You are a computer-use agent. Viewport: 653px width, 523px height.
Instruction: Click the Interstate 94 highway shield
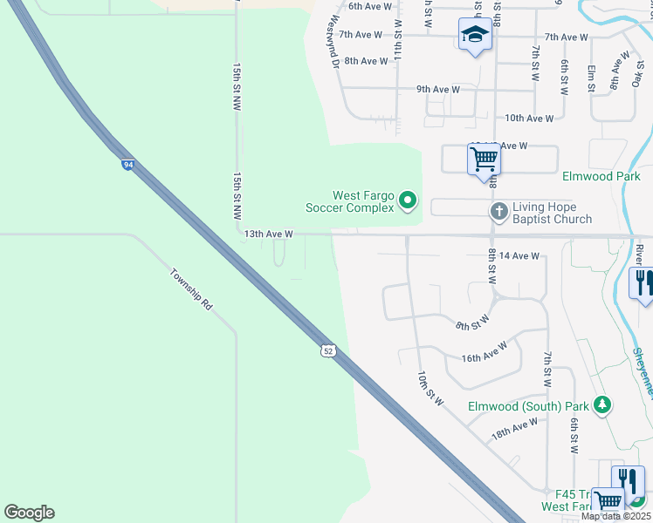point(128,164)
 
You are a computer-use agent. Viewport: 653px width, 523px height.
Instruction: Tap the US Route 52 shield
point(327,350)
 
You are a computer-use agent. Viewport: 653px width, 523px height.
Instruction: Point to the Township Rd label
point(190,289)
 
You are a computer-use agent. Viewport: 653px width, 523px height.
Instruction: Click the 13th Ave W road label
point(268,234)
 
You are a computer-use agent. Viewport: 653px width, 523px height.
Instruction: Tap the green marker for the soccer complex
point(407,201)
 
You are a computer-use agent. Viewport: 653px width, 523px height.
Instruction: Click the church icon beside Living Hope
point(499,211)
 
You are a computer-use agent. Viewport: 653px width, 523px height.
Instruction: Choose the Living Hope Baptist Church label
point(552,213)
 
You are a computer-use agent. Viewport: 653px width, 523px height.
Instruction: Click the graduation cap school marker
point(474,35)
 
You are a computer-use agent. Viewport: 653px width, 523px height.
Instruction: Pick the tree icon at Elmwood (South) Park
point(601,405)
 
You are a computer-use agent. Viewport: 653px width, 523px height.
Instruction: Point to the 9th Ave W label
point(438,89)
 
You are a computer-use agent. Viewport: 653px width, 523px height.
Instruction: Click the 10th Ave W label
point(529,118)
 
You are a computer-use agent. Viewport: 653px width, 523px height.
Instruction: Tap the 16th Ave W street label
point(485,352)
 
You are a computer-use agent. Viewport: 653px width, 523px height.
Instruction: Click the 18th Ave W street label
point(514,428)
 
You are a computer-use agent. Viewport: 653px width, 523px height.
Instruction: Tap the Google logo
point(29,513)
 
